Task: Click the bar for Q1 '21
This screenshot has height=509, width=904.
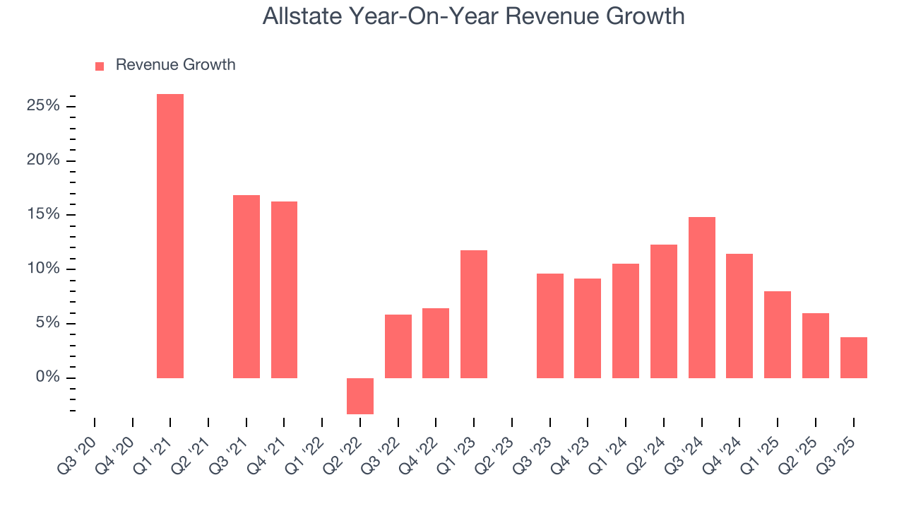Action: click(x=170, y=236)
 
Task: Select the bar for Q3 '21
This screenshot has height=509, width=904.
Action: click(x=246, y=286)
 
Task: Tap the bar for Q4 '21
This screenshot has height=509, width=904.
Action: click(x=284, y=290)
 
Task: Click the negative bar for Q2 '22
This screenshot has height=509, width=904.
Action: click(x=360, y=396)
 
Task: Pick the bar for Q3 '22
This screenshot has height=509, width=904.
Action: click(x=398, y=346)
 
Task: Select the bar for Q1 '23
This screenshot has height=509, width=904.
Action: click(x=474, y=314)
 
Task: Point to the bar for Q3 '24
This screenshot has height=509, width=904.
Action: click(x=702, y=298)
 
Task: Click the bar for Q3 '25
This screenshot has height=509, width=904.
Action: click(x=854, y=358)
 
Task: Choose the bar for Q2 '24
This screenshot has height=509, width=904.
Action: click(x=664, y=311)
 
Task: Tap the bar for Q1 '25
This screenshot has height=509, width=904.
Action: click(x=778, y=334)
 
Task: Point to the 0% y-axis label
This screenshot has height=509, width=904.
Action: click(x=48, y=378)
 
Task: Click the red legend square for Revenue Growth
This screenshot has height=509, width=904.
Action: click(x=100, y=66)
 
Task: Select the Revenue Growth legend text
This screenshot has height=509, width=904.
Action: click(x=175, y=65)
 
